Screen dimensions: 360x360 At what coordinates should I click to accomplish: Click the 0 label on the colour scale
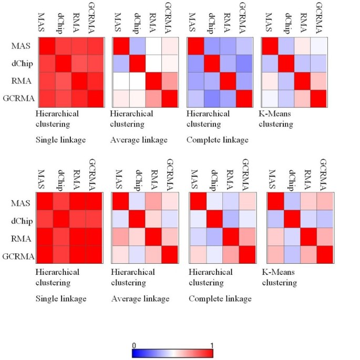[134, 345]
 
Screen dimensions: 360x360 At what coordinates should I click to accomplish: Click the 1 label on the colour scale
[211, 345]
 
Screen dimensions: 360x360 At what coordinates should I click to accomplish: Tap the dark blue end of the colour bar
[135, 353]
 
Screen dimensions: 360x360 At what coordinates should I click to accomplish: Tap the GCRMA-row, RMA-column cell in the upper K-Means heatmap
[303, 98]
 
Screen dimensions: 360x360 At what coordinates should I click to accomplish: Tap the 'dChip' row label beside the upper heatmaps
[22, 64]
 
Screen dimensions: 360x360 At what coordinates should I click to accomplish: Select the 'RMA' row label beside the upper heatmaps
[23, 81]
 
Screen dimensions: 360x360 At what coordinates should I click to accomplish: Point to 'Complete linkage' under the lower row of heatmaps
[220, 299]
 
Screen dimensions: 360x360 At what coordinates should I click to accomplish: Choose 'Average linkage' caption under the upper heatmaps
[138, 140]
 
